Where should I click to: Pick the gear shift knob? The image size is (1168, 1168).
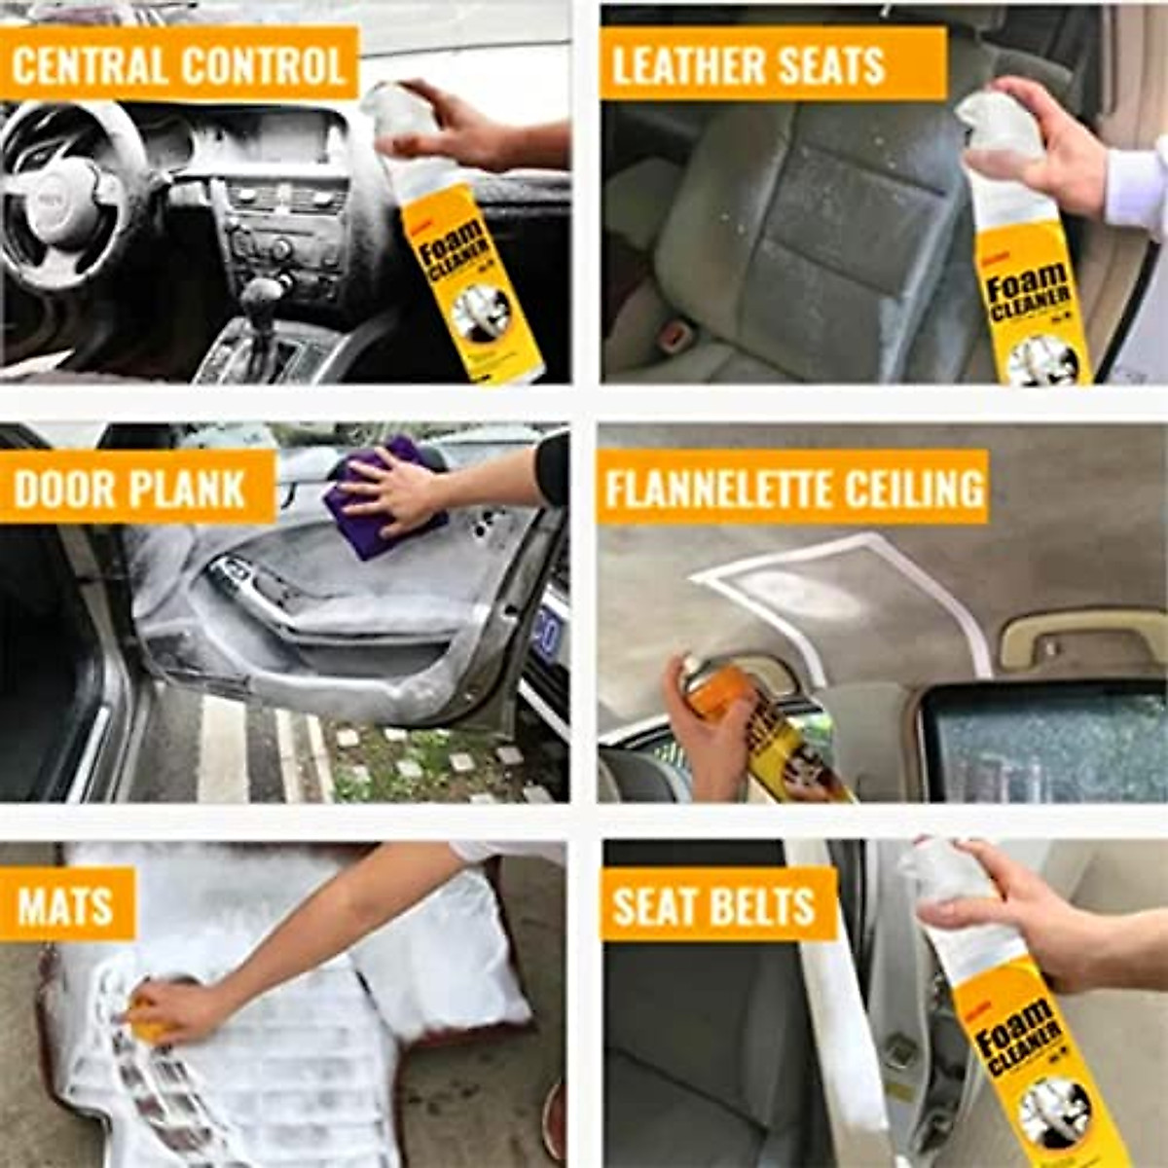(262, 292)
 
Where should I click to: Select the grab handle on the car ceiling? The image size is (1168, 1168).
(1080, 642)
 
